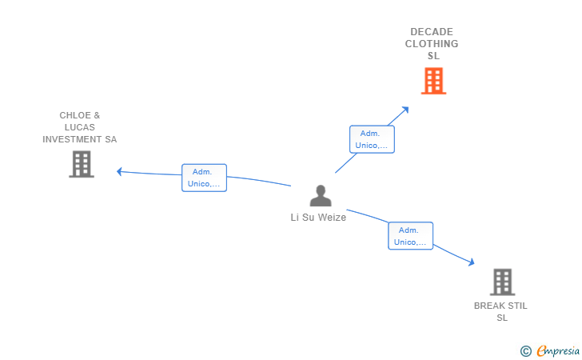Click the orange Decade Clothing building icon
[433, 81]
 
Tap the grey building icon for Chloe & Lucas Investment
[82, 164]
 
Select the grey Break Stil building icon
[502, 282]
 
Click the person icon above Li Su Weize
[321, 196]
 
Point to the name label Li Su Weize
[318, 217]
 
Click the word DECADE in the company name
[432, 32]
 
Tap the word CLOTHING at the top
[432, 44]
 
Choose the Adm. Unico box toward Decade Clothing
[372, 139]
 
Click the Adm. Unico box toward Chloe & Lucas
[204, 178]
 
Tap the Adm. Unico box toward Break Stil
[411, 236]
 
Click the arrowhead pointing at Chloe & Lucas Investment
[120, 171]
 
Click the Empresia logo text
[558, 350]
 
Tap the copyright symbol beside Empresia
[525, 350]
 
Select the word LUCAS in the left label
[80, 127]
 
